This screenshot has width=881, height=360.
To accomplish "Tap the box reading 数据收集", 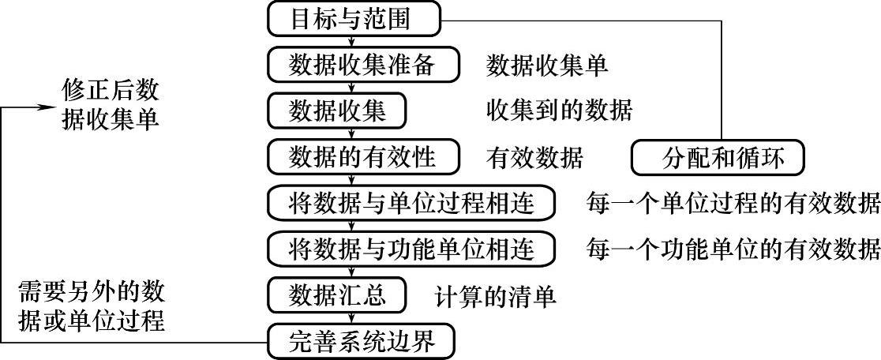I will point(337,111).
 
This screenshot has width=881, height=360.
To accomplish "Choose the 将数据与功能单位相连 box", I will point(411,249).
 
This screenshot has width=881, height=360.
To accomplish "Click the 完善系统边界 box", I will point(363,342).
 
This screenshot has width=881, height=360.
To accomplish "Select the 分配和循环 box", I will point(718,158).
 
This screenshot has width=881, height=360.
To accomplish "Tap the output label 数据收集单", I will point(547,66).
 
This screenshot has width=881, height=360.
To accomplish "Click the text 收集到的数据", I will point(559,111).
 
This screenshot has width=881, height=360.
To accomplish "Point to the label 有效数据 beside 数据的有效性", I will point(534,158).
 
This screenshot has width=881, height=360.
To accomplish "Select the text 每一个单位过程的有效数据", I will point(733,204).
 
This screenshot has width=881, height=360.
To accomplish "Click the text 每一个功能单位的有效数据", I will point(733,250).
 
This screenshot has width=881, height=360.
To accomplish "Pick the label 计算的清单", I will point(496,296).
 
